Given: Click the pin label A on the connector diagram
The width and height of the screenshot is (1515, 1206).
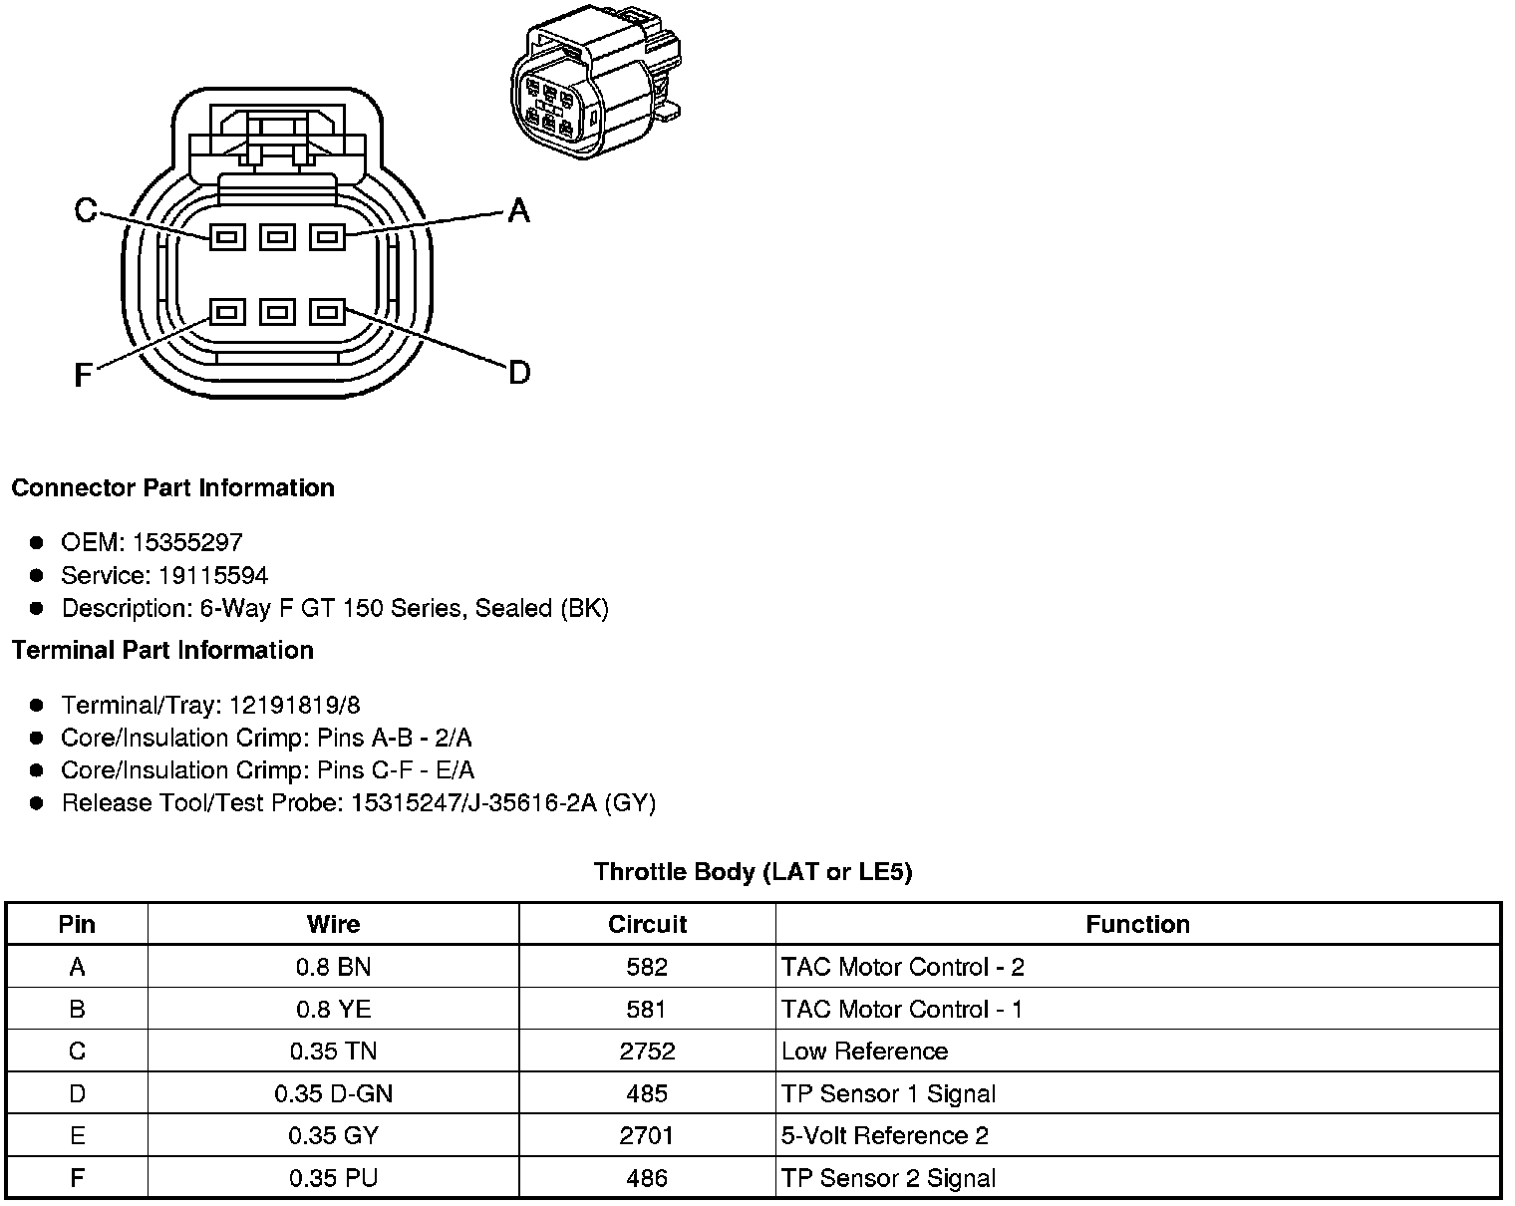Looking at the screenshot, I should [x=518, y=210].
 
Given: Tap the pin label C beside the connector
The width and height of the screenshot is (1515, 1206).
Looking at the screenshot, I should [x=86, y=210].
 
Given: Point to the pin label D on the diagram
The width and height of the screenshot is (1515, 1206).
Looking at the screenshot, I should [x=519, y=373].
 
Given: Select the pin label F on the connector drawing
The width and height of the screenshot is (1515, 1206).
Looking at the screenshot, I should [x=84, y=375].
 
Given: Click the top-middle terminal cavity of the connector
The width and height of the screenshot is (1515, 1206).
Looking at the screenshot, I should [x=277, y=237].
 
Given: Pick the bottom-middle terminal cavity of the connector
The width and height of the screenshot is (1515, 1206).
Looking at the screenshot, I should [x=277, y=313].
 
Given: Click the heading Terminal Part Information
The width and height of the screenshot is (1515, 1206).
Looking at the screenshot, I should [x=162, y=650].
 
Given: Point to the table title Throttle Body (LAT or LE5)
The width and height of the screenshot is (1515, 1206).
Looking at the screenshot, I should [x=753, y=872].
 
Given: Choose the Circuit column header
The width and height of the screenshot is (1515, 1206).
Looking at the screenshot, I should [x=647, y=924].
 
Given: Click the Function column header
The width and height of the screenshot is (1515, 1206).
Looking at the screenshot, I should [x=1137, y=924].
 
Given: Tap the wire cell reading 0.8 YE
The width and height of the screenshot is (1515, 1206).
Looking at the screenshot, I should [x=333, y=1009].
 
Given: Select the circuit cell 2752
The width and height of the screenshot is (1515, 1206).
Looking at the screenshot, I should [x=647, y=1052].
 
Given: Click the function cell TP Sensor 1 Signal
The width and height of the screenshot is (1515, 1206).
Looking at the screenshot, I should [x=888, y=1093].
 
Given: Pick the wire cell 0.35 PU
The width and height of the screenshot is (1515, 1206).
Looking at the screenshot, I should [x=333, y=1178].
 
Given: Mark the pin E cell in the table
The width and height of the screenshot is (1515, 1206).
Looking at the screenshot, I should [x=77, y=1135].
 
